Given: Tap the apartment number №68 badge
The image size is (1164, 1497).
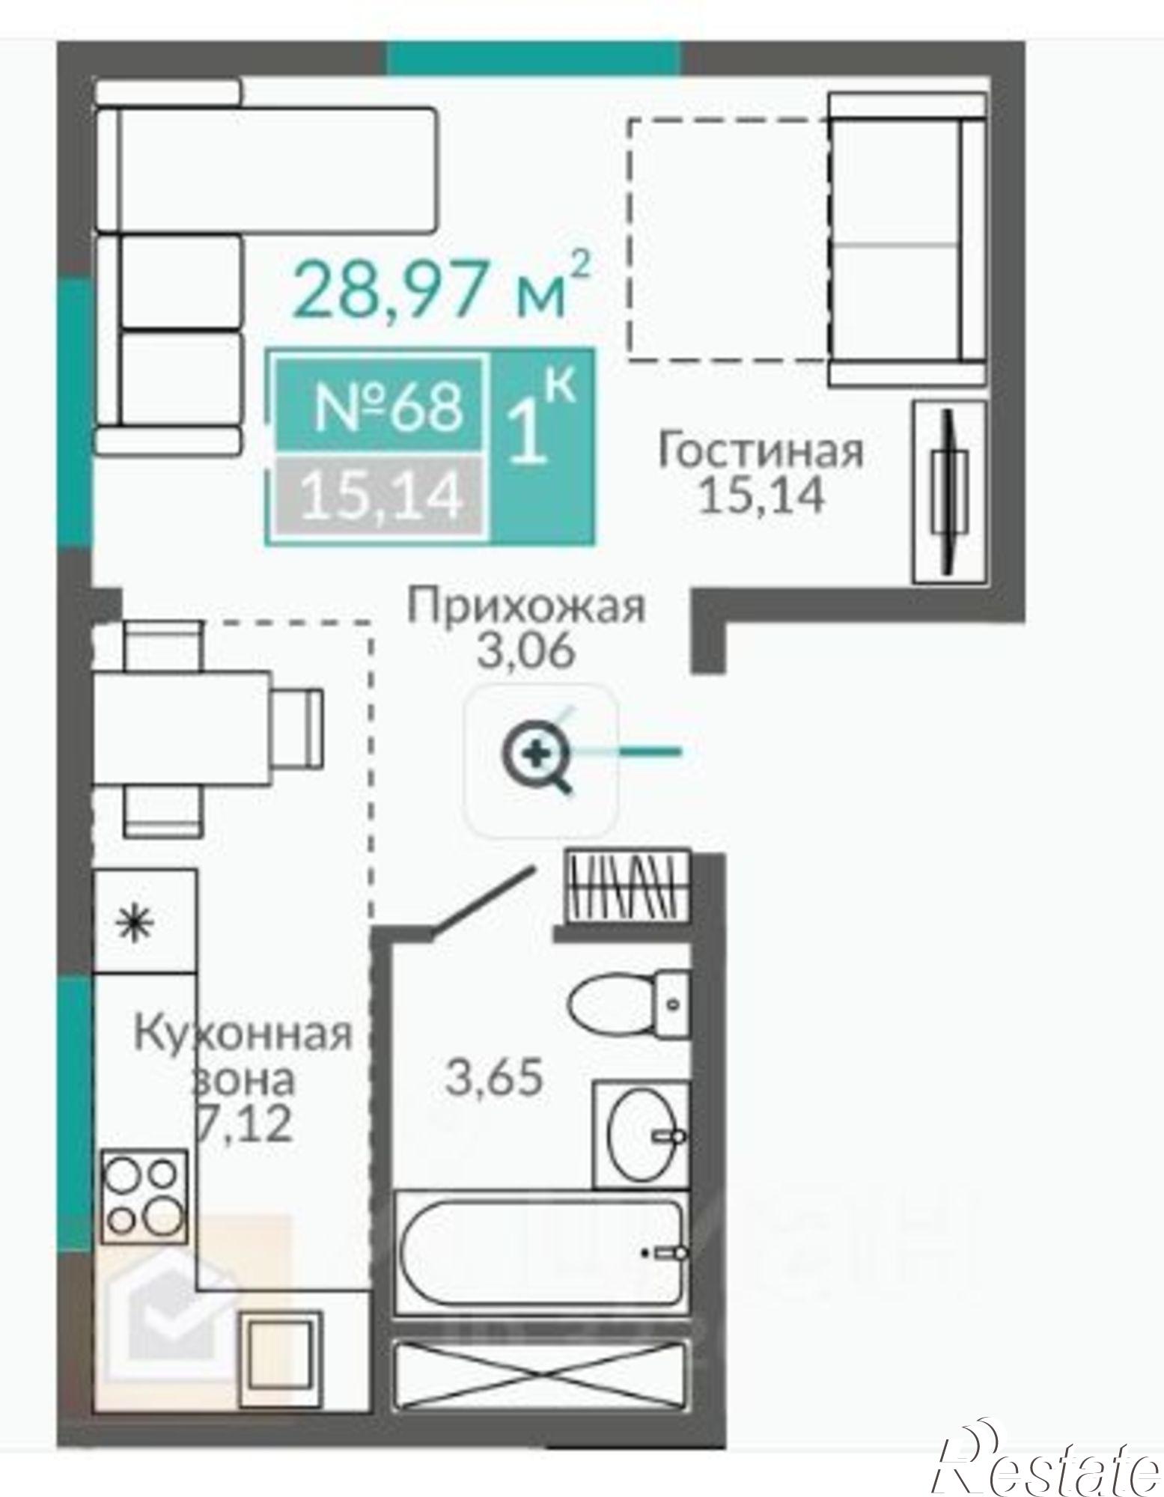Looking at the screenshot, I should [x=387, y=406].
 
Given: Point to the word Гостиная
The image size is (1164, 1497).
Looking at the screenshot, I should [x=760, y=452].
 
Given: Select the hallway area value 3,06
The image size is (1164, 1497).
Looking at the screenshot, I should [x=526, y=650].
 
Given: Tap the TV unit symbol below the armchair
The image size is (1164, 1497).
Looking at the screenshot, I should [x=948, y=492].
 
